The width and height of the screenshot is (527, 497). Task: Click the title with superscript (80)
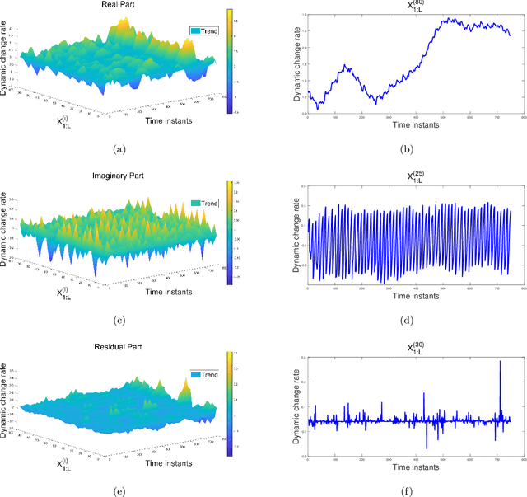point(408,6)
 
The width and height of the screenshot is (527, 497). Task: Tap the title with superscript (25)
point(408,177)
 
